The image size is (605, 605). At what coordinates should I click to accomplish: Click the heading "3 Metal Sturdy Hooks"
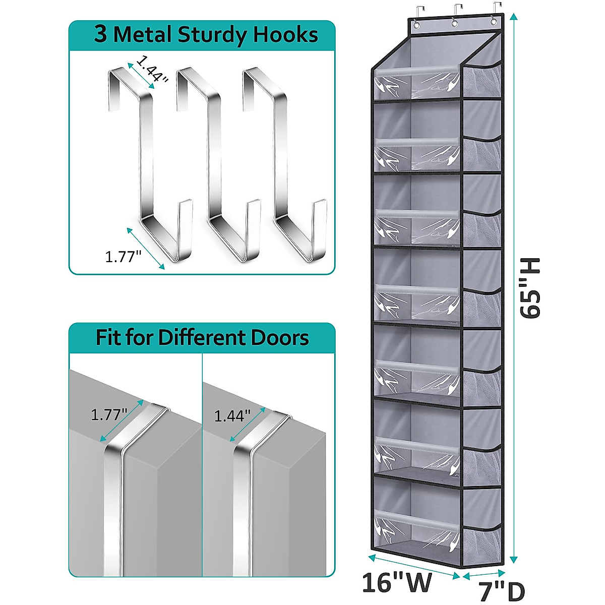point(206,35)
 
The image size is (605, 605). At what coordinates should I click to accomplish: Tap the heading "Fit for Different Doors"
point(202,337)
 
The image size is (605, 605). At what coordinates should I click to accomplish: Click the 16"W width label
point(398,583)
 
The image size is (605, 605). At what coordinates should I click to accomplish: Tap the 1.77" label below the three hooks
point(123,257)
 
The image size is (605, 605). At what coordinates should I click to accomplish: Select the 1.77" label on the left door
point(108,415)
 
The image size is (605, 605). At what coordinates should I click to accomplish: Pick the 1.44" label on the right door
point(232,416)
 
